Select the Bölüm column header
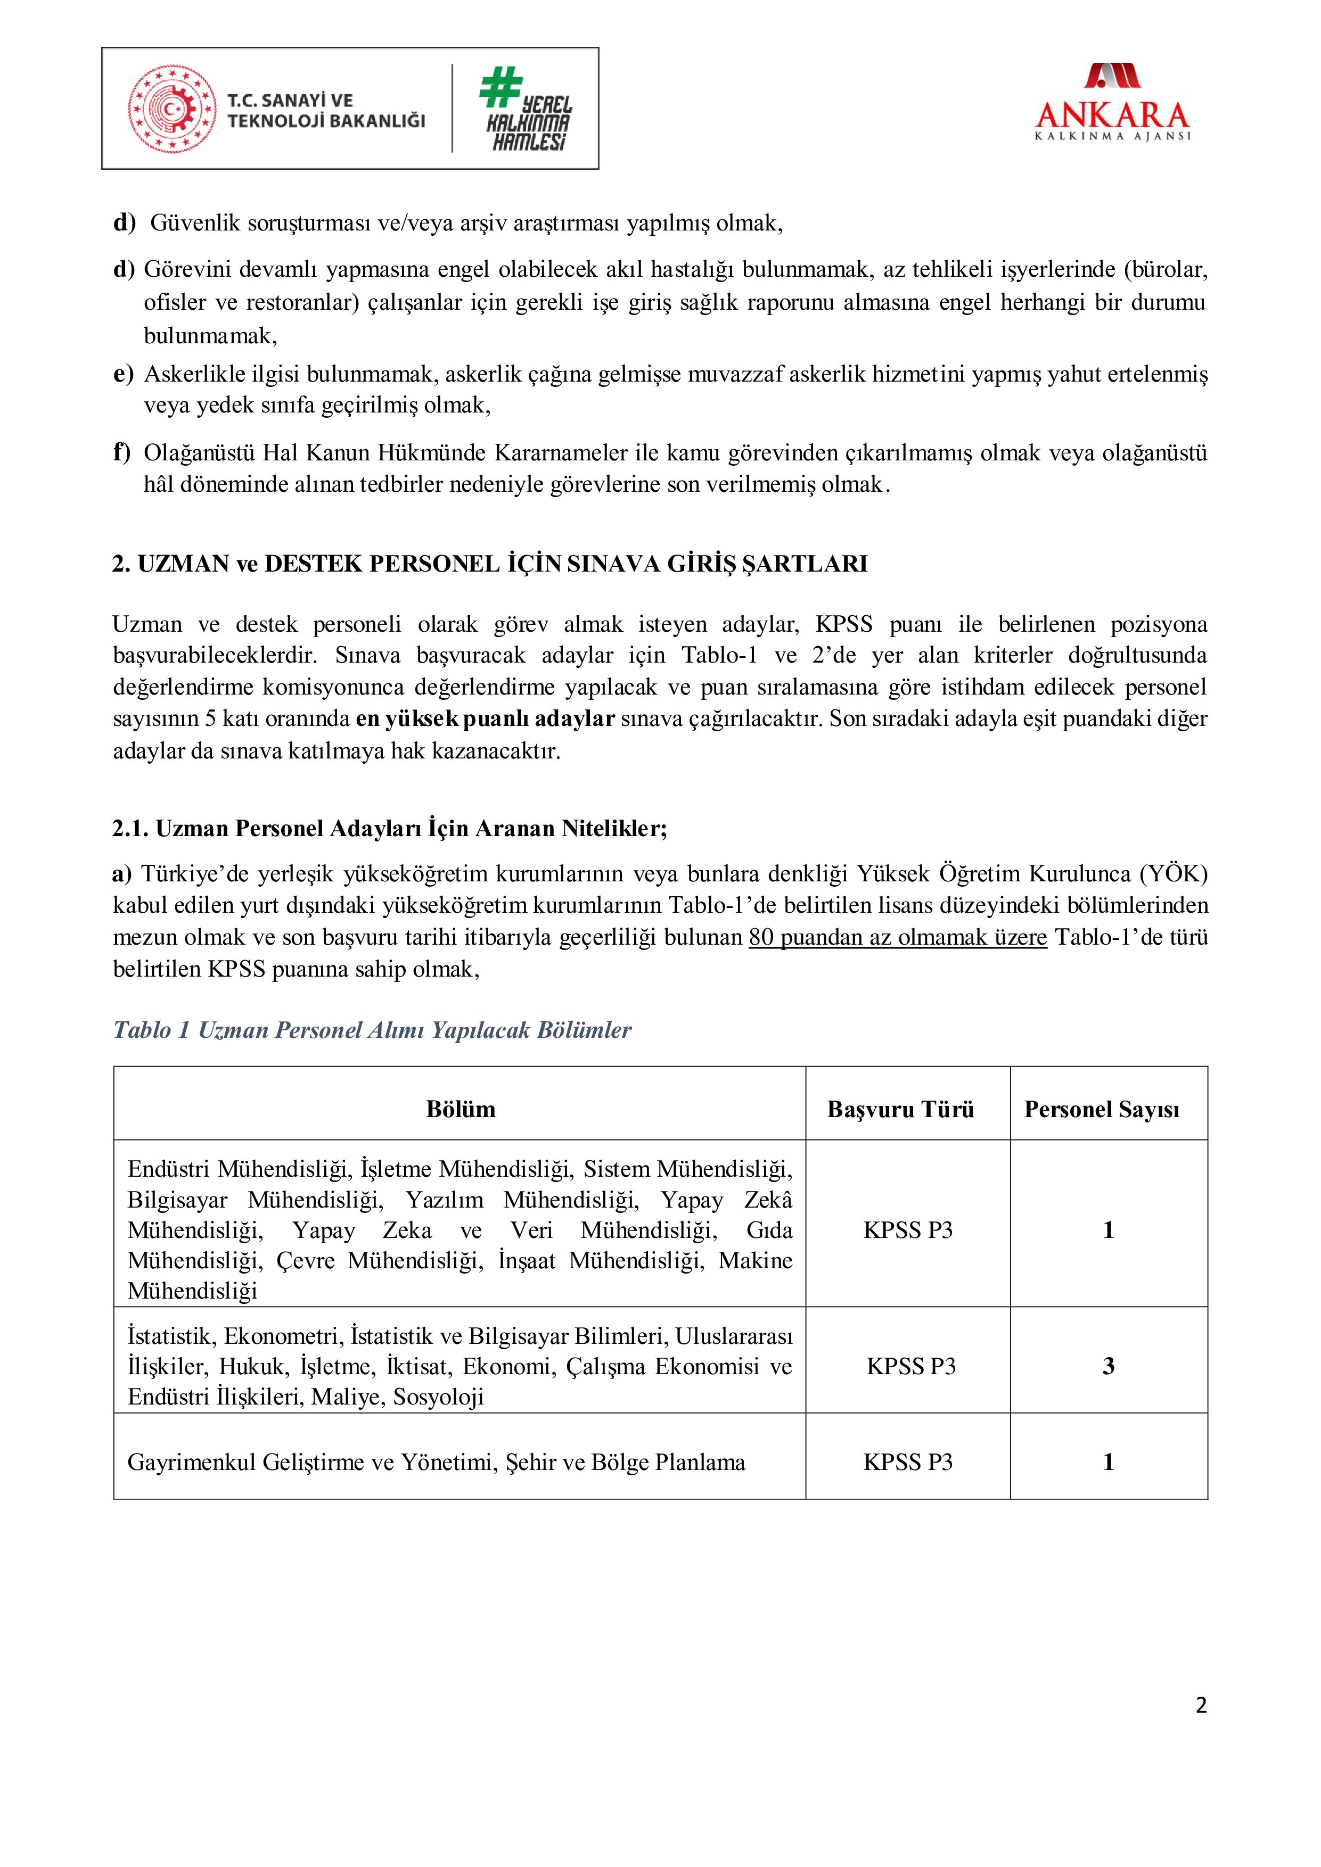coord(461,1109)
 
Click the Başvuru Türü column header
coord(900,1109)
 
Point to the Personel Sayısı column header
coord(1102,1109)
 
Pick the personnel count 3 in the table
coord(1108,1366)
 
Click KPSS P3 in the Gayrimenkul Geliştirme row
coord(908,1462)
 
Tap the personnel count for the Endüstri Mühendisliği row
coord(1108,1229)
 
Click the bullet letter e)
coord(123,374)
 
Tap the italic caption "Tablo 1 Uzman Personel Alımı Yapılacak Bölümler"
coord(372,1030)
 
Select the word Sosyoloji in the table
coord(438,1397)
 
